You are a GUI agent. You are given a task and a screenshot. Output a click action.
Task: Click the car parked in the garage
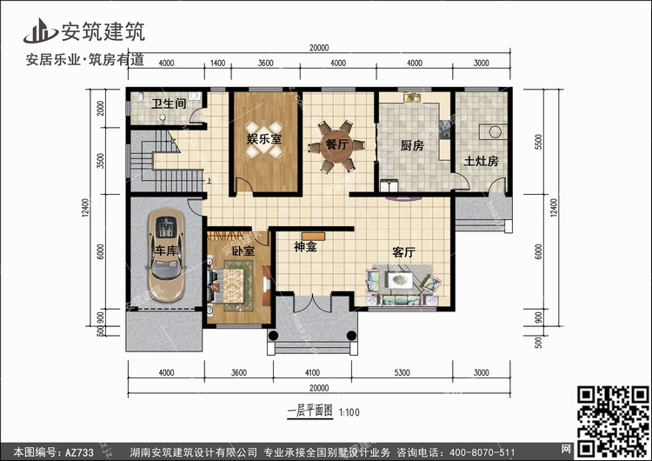tap(166, 255)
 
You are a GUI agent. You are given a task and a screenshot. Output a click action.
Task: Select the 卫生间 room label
tap(169, 104)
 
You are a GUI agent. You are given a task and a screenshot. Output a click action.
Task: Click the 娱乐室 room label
tap(264, 138)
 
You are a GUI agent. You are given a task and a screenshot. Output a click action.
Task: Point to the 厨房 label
tap(412, 145)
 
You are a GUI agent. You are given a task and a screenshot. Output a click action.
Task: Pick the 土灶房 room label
tap(481, 161)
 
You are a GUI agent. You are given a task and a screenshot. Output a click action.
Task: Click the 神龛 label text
tap(306, 247)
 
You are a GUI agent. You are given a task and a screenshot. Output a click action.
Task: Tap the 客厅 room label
tap(403, 252)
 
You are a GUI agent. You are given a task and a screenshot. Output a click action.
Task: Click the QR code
tap(613, 420)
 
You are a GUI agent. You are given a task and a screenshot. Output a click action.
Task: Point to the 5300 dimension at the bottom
tap(403, 373)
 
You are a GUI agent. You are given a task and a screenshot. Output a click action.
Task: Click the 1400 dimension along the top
tap(217, 63)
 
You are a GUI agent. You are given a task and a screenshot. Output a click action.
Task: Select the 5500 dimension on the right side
tap(539, 142)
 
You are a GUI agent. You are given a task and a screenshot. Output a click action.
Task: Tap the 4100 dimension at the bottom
tap(312, 373)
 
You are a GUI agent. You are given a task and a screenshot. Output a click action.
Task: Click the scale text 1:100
tap(349, 413)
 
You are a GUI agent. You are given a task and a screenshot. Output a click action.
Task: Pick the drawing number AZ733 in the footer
tap(79, 452)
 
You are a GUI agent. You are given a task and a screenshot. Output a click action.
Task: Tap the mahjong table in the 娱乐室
tap(264, 140)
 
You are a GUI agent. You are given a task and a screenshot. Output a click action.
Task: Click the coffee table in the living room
tap(400, 280)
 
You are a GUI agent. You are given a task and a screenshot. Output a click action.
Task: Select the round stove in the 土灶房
tap(495, 132)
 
